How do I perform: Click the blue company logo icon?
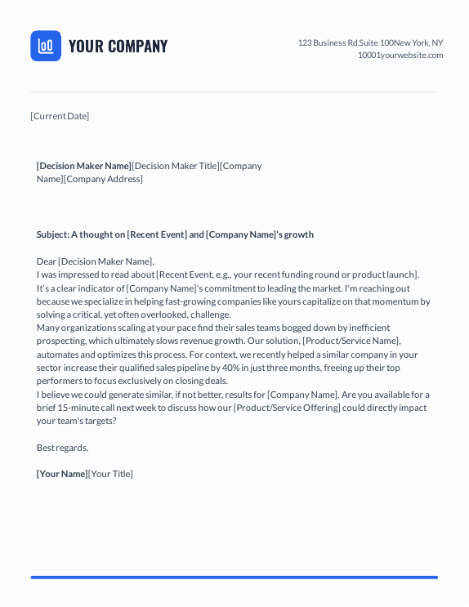(46, 46)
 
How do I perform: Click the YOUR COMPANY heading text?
(118, 47)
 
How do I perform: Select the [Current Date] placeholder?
(60, 116)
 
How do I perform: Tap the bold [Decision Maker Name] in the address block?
(83, 166)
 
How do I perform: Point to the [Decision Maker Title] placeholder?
(176, 166)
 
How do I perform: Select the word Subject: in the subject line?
(52, 234)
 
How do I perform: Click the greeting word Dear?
(47, 261)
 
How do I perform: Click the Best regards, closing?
(62, 448)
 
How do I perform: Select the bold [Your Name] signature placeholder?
(62, 474)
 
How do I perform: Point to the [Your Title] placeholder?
(110, 474)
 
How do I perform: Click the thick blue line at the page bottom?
(234, 578)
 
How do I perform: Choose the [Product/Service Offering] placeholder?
(287, 408)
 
